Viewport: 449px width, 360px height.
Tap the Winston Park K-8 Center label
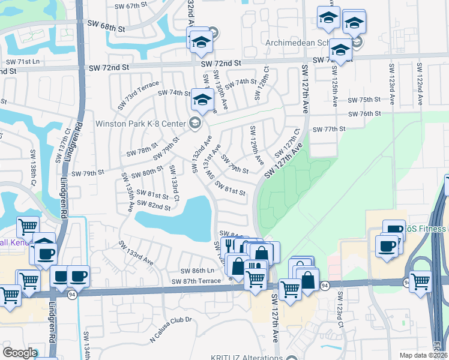coord(142,124)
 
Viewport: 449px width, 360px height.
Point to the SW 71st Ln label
coord(23,62)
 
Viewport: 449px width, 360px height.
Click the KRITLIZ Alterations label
coord(247,358)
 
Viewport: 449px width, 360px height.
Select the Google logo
coord(20,353)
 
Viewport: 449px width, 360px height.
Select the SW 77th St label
coord(335,129)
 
